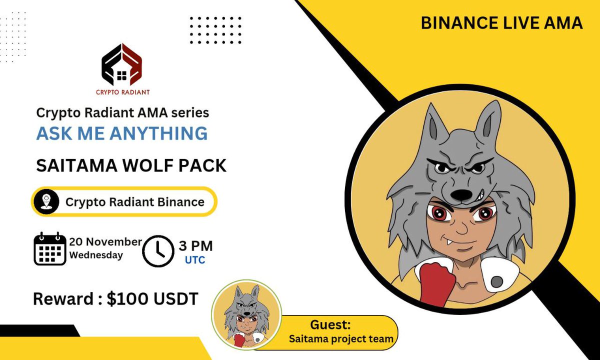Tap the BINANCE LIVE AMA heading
pos(501,22)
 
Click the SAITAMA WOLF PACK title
pos(131,166)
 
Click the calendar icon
pos(50,248)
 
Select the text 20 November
pos(105,241)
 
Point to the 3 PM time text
pos(195,245)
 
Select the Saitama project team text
pos(341,338)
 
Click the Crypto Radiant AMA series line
pos(122,113)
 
